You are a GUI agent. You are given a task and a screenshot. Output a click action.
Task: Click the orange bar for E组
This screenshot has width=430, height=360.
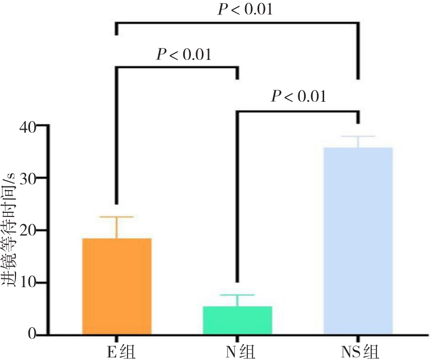pos(117,286)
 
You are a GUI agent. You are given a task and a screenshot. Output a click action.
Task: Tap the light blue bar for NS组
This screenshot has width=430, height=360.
pos(358,241)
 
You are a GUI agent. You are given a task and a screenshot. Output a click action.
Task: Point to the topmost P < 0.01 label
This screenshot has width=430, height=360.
pos(245,10)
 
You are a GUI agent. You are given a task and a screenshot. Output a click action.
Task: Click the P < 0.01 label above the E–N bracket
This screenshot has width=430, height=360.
pos(184,54)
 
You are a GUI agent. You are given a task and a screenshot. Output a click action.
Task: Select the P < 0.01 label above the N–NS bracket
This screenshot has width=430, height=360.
pos(299,97)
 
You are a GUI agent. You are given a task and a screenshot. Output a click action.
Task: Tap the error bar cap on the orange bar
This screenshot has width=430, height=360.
pos(117,217)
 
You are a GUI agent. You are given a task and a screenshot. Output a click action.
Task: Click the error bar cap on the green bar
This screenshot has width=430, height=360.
pos(237,295)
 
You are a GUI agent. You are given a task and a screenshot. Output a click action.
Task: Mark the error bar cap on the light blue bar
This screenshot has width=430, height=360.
pos(358,136)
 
